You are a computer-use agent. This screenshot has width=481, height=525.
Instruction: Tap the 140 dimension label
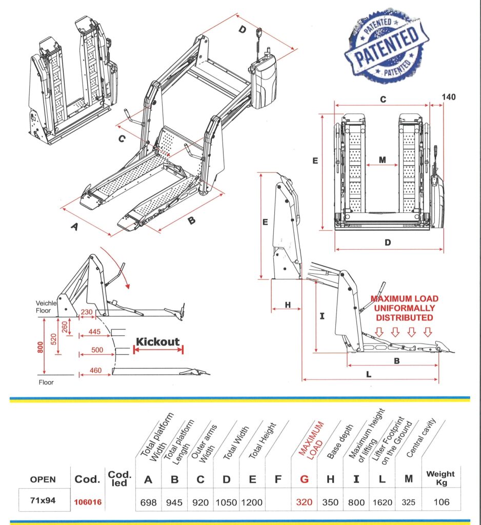[x=448, y=97]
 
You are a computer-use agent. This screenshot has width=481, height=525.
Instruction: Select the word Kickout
[x=158, y=341]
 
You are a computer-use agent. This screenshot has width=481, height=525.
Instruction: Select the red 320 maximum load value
[x=304, y=502]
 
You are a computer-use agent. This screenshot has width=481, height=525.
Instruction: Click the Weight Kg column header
[x=440, y=478]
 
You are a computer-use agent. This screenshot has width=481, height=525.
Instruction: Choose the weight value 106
[x=440, y=502]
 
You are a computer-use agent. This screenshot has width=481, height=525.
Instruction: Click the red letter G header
[x=304, y=480]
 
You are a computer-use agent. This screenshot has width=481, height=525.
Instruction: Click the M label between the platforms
[x=382, y=160]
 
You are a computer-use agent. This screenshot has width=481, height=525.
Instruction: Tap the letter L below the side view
[x=369, y=374]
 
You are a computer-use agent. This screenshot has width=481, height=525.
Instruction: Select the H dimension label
[x=288, y=305]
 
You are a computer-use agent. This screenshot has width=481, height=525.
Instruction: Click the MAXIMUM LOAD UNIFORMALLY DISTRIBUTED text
[x=405, y=308]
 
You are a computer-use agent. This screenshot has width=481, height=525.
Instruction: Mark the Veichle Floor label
[x=49, y=306]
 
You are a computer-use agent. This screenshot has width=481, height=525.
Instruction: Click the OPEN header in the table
[x=43, y=480]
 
